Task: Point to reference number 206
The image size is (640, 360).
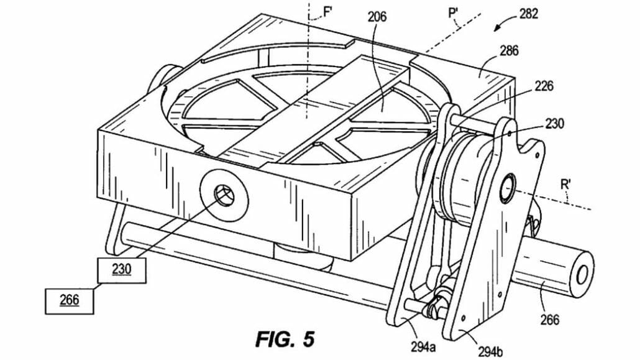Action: [x=377, y=17]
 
